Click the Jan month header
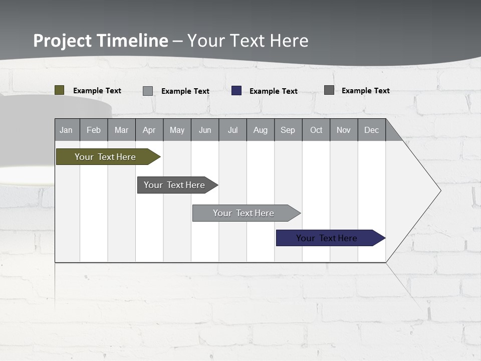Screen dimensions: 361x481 click(x=66, y=130)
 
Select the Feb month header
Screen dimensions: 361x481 click(x=94, y=130)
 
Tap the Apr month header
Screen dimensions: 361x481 click(x=149, y=130)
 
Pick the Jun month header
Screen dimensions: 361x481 click(x=205, y=130)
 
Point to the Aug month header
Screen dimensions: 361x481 click(x=260, y=130)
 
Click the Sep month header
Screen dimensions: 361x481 click(x=288, y=130)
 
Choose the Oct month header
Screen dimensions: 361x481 click(x=316, y=130)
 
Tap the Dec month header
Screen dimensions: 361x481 click(x=371, y=130)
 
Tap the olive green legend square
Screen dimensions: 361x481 click(x=60, y=90)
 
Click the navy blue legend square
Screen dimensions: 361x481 click(x=236, y=91)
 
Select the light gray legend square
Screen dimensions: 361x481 click(x=148, y=91)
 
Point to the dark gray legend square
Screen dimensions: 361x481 click(x=329, y=90)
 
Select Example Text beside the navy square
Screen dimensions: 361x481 click(x=274, y=91)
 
